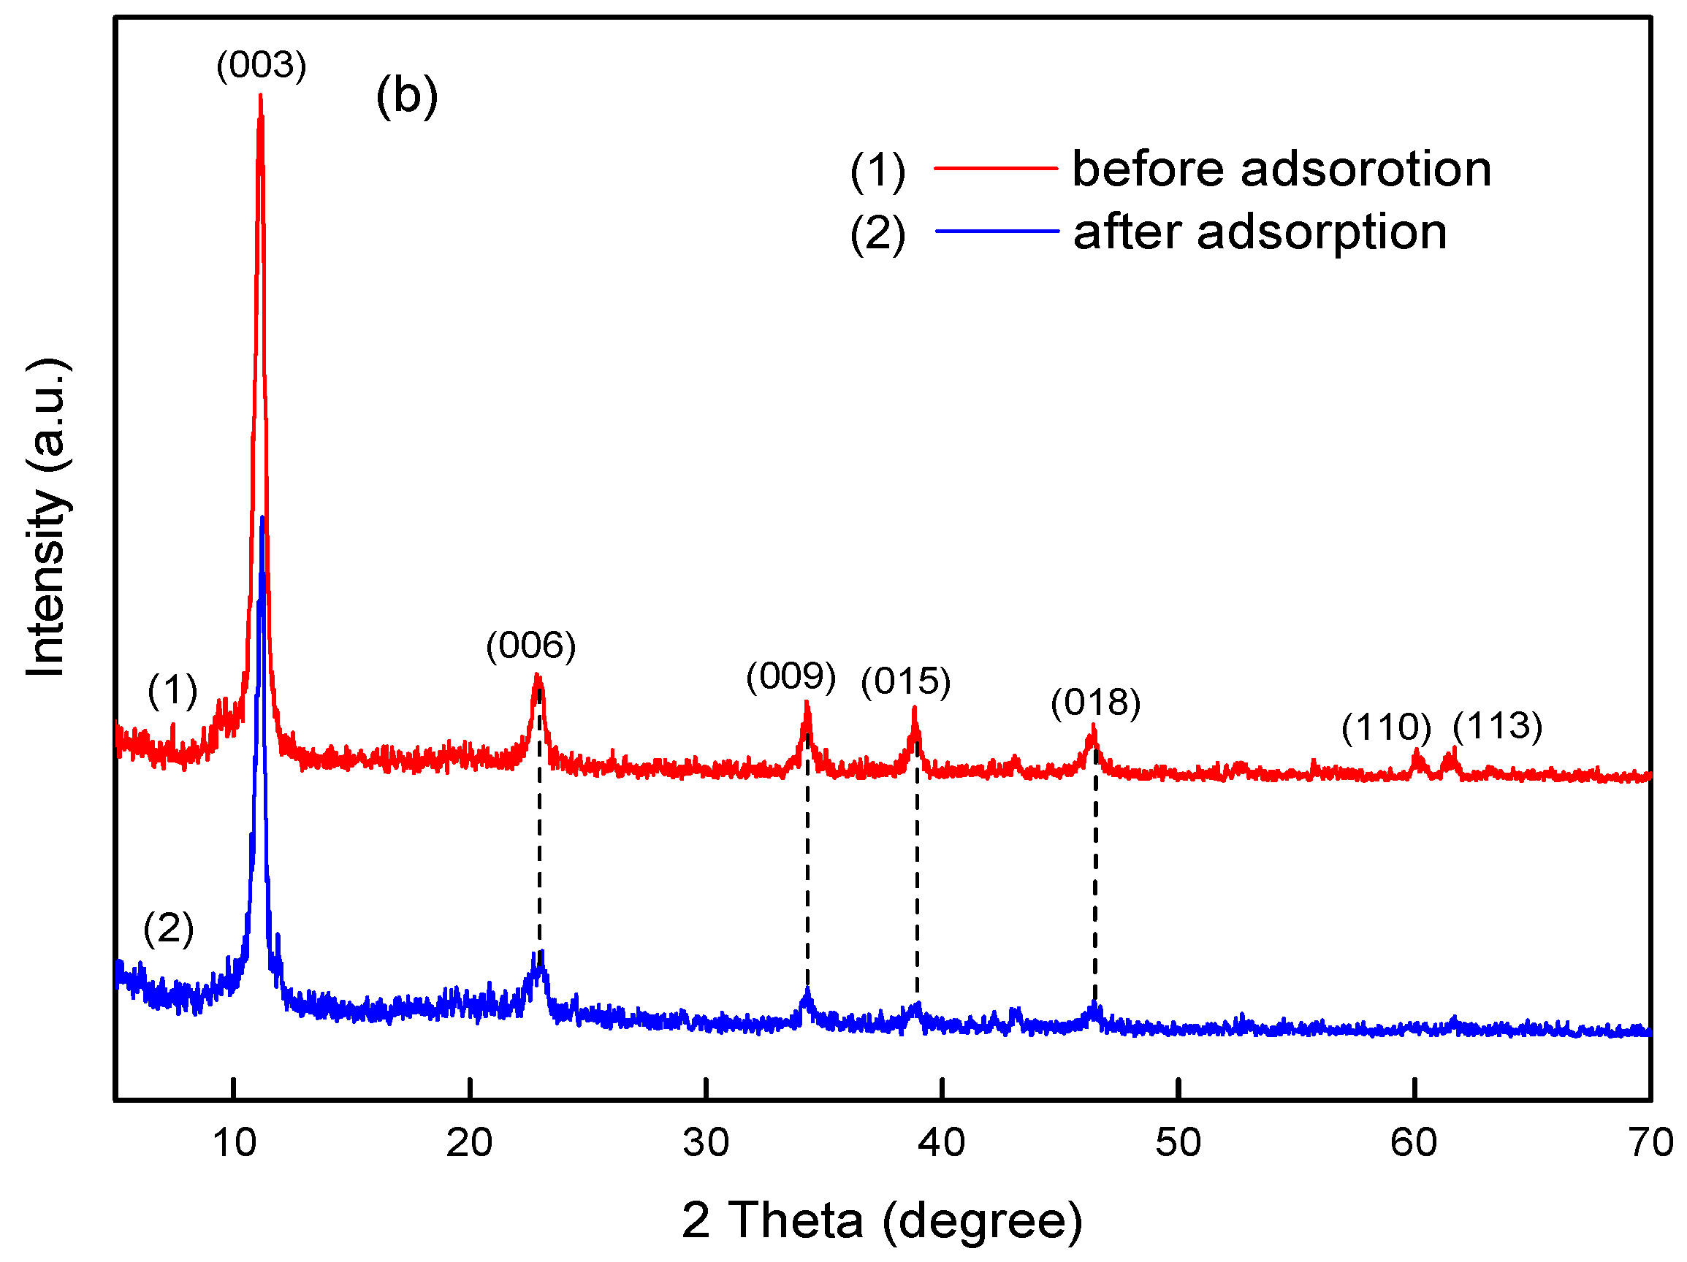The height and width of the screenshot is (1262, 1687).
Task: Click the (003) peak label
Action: pos(261,65)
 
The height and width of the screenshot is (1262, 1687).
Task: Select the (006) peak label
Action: pos(531,646)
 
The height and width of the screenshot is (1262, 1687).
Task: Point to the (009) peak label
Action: pos(791,676)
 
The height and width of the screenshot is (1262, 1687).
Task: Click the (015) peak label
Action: pos(905,681)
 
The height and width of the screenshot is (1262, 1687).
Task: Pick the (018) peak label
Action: pos(1095,703)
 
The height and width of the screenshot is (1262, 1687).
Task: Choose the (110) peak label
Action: pos(1386,727)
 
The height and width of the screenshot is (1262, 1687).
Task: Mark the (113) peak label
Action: pos(1497,726)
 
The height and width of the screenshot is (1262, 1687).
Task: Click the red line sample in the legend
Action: pos(995,168)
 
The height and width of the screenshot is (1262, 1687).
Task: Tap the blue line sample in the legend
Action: pos(995,230)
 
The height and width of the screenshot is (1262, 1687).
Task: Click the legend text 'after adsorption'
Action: pos(1259,232)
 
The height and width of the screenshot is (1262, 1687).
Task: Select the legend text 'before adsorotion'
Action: pos(1282,169)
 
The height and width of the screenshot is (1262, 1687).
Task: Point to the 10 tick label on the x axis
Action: pos(234,1143)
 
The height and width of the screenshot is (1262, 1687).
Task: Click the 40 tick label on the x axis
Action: pos(941,1143)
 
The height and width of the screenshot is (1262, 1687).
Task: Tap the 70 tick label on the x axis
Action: pos(1650,1143)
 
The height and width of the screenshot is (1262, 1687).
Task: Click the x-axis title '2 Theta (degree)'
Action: pos(882,1221)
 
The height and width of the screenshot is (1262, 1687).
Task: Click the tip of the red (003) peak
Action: pos(260,96)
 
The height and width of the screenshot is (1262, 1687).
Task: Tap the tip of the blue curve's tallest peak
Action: pos(262,518)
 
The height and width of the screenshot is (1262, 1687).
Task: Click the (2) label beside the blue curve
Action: pos(169,928)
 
